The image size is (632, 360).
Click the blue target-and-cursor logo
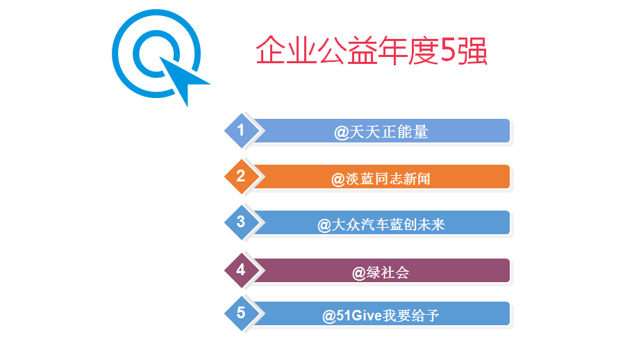coord(157,54)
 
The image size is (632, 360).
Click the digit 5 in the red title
coord(448,51)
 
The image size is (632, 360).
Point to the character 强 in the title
coord(472,51)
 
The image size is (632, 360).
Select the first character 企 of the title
coord(271,51)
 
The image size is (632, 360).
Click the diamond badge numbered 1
coord(242,130)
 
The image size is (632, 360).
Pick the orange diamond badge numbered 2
coord(242,176)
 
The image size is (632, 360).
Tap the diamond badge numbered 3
coord(242,222)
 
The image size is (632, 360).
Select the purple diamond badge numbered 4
coord(242,270)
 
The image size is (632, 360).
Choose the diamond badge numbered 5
coord(242,313)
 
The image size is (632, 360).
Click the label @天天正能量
coord(381,132)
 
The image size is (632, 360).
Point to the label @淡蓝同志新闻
coord(381,179)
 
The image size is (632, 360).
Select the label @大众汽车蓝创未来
coord(381,224)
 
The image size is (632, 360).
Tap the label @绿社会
coord(381,273)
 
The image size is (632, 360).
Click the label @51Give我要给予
coord(381,316)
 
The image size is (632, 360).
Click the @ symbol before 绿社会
coord(359,274)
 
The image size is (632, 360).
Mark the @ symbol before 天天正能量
coord(341,133)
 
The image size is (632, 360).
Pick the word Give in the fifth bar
coord(367,316)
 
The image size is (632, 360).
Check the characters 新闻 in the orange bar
coord(417,179)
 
